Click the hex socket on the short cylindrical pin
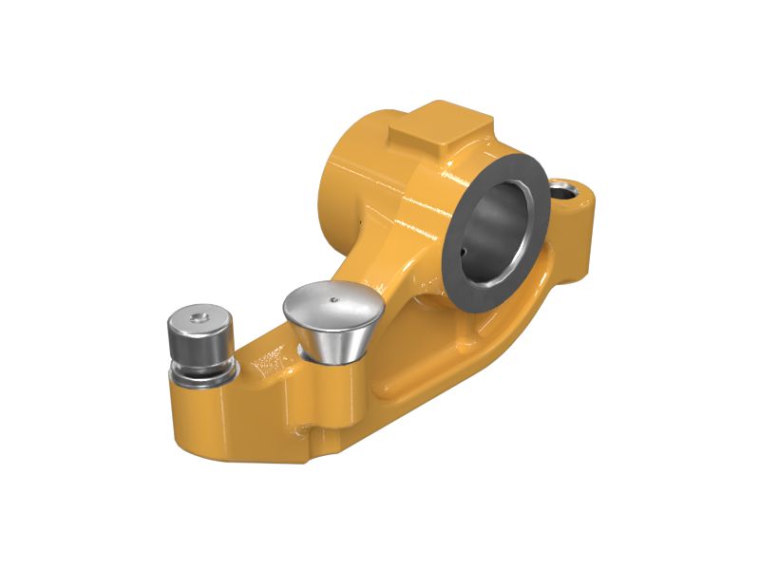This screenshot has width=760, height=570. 198,317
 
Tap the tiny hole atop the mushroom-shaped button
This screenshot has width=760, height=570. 332,297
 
